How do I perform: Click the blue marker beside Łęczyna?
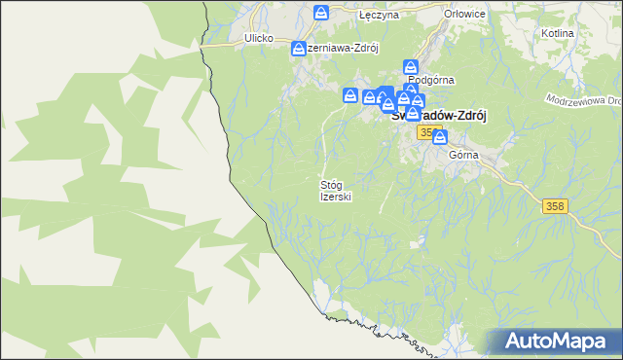(322, 13)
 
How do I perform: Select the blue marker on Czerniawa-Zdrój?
(299, 47)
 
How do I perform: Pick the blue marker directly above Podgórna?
(411, 70)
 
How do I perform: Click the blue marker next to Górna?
(440, 138)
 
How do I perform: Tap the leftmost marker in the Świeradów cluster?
(349, 95)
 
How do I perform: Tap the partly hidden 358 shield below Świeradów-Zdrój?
(425, 130)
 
